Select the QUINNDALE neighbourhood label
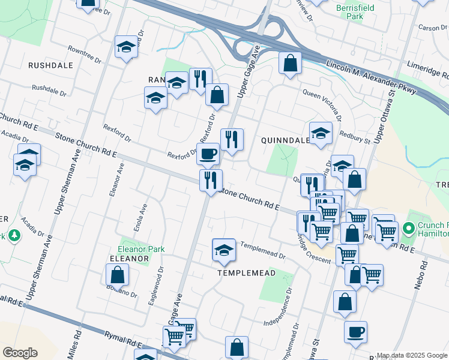click(x=285, y=140)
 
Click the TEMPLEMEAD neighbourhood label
click(x=246, y=272)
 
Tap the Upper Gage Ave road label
click(x=248, y=73)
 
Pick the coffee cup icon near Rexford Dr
click(x=208, y=153)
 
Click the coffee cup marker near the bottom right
click(x=355, y=331)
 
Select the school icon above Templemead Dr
click(x=224, y=250)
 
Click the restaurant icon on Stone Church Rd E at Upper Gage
click(x=211, y=179)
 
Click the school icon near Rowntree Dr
click(x=126, y=46)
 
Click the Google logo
click(x=20, y=353)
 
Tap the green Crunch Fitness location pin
click(x=408, y=229)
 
